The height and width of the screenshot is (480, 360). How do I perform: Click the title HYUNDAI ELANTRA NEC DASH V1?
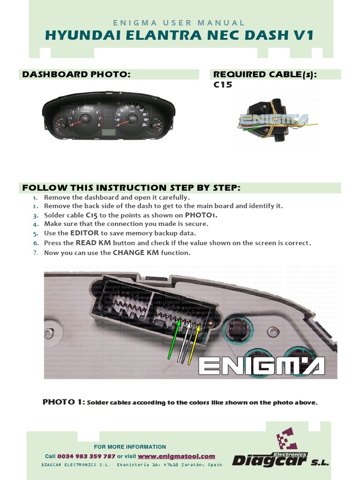179,36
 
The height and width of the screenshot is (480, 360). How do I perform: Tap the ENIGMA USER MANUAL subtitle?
179,22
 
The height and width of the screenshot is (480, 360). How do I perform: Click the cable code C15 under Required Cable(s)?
223,85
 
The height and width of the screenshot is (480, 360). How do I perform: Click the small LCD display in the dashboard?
109,133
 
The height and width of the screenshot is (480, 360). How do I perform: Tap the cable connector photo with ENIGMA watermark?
274,120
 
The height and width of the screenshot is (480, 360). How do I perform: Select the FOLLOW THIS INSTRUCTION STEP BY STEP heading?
131,188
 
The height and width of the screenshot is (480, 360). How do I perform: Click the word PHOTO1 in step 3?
201,215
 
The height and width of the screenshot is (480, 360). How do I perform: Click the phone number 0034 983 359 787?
86,456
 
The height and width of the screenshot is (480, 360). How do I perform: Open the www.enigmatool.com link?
176,456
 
